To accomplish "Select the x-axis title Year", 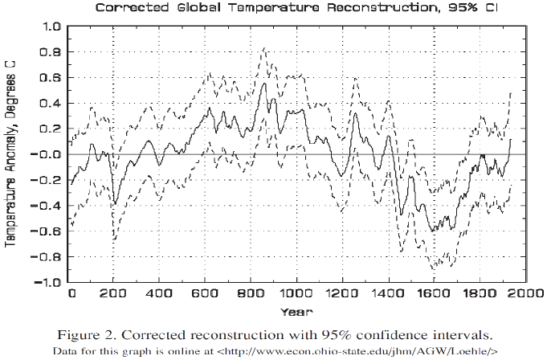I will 297,310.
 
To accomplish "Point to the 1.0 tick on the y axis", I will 51,26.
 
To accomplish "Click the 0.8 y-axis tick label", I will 51,51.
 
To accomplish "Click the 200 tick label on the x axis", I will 116,293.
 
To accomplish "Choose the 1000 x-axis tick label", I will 297,293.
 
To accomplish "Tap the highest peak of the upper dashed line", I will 264,48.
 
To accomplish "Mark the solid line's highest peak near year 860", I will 264,80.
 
